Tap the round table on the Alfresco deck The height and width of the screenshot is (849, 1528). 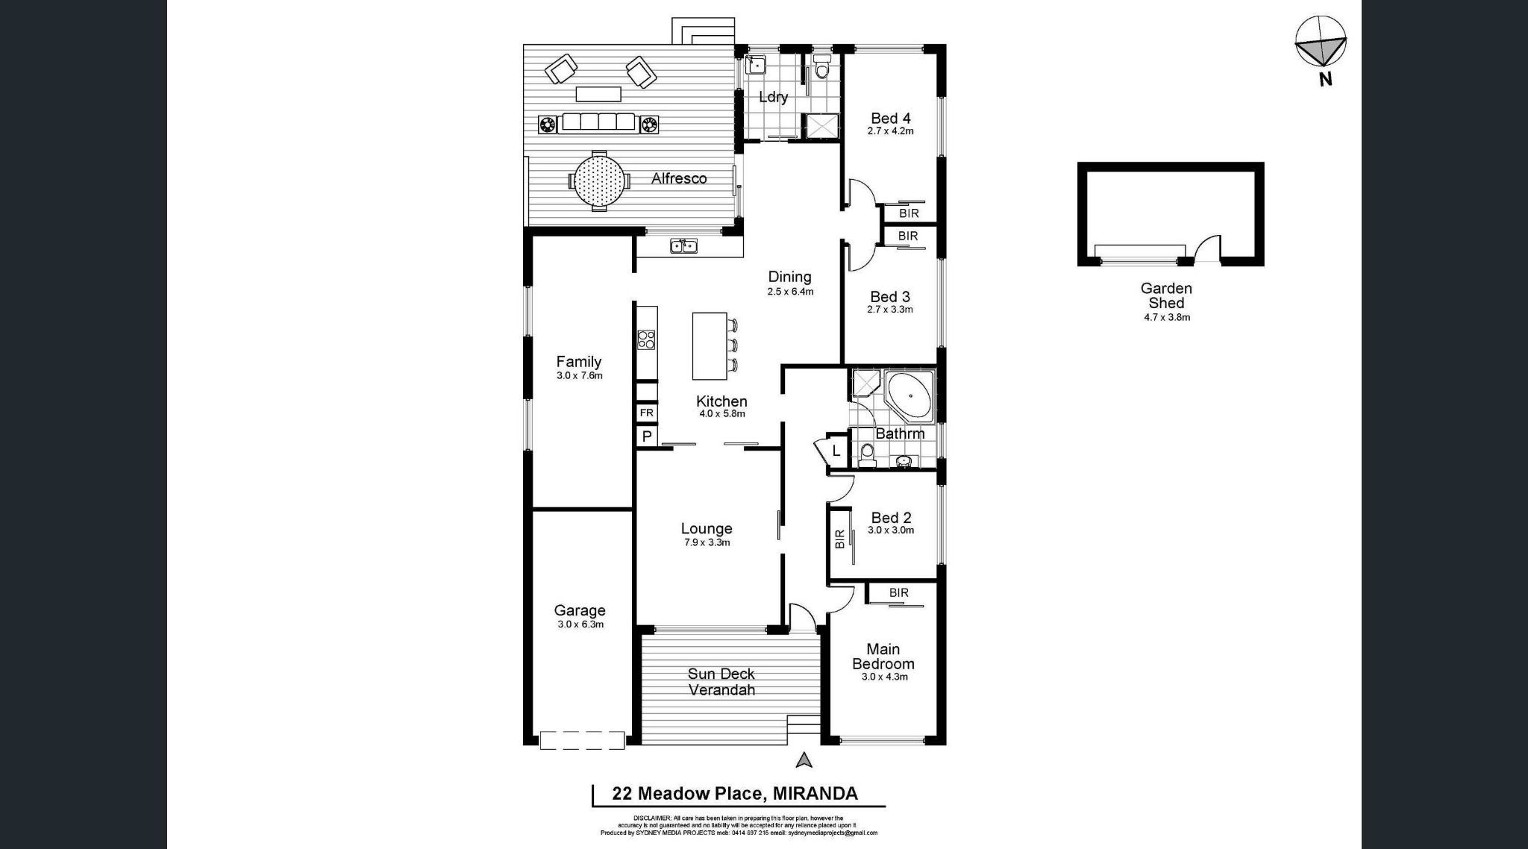click(x=598, y=180)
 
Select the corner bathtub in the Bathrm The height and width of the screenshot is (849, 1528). click(x=908, y=395)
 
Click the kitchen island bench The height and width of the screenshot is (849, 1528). click(x=709, y=345)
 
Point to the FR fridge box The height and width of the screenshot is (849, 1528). click(x=646, y=413)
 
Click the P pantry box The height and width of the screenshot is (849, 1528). click(x=646, y=436)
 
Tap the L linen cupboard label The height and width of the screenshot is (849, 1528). click(x=836, y=451)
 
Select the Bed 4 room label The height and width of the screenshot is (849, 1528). click(x=890, y=118)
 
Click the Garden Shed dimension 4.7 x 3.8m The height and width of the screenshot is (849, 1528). click(x=1166, y=317)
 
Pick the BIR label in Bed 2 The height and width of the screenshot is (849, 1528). click(x=839, y=539)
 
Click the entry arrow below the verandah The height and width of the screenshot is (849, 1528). click(x=804, y=760)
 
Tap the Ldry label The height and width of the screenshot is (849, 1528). click(x=773, y=97)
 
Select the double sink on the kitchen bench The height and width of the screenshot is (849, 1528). click(x=683, y=245)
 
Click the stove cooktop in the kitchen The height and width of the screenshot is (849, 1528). click(x=646, y=340)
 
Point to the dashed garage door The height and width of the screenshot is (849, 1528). click(x=582, y=740)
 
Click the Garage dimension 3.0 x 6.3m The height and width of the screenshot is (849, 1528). click(x=580, y=624)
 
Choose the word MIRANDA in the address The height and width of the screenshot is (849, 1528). click(x=815, y=793)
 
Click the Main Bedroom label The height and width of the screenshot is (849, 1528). click(x=883, y=657)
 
